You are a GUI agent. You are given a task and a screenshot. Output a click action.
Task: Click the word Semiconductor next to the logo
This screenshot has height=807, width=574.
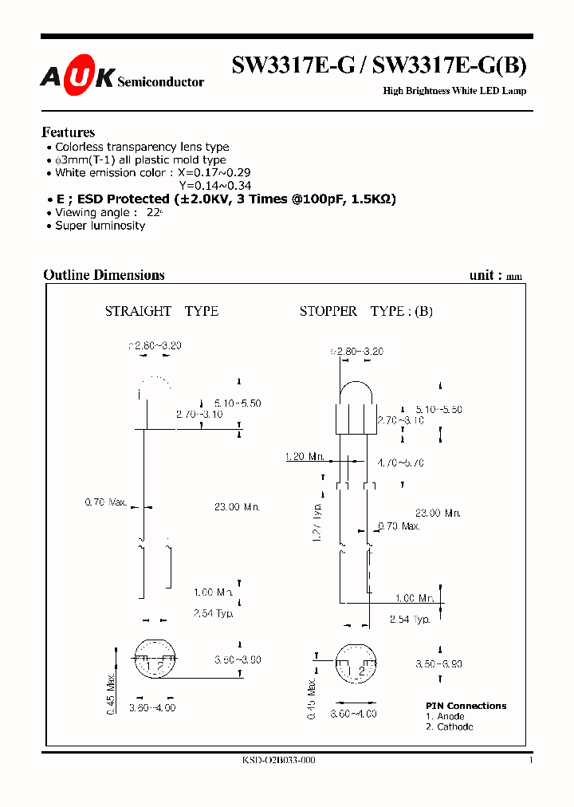(x=160, y=81)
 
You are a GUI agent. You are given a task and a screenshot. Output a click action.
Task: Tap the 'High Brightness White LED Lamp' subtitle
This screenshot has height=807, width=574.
(x=454, y=91)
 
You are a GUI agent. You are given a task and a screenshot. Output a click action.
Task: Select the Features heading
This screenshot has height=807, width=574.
(x=68, y=132)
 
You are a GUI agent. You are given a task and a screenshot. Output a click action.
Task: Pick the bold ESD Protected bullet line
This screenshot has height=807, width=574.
(x=225, y=199)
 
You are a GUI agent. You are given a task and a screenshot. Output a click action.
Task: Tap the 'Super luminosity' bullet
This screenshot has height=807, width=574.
(x=100, y=226)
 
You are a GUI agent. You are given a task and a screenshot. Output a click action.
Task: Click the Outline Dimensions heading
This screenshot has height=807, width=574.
(x=104, y=275)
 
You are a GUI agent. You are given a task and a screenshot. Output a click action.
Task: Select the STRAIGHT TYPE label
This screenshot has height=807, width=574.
(x=161, y=311)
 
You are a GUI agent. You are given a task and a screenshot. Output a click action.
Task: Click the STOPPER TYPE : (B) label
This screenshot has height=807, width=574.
(x=366, y=311)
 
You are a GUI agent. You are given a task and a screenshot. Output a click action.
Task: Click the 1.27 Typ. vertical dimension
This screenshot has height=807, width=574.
(x=316, y=522)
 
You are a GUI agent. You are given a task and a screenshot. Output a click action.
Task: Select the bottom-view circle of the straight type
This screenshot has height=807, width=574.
(x=152, y=659)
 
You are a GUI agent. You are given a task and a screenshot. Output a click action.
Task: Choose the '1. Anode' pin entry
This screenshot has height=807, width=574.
(x=446, y=716)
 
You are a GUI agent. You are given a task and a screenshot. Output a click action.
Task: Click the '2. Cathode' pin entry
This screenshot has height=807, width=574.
(x=449, y=726)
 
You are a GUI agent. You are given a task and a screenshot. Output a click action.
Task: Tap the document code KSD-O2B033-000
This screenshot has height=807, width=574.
(x=278, y=761)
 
